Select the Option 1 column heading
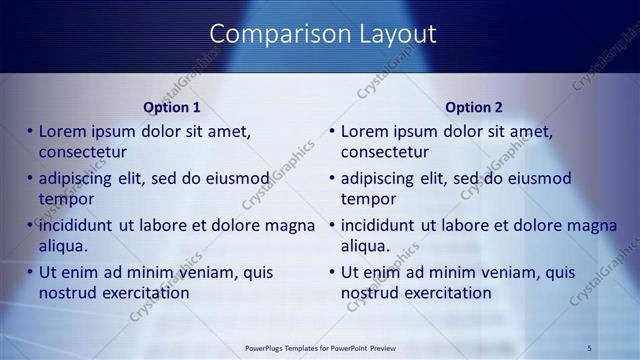coord(172,107)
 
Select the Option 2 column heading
coord(474,107)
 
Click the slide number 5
coord(590,347)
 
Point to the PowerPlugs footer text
coord(319,347)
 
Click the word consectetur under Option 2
coord(385,152)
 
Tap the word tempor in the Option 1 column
coord(66,199)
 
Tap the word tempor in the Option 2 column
coord(369,199)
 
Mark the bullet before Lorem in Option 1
coord(30,131)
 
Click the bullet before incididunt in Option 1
coord(30,225)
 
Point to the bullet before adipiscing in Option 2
coord(333,178)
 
